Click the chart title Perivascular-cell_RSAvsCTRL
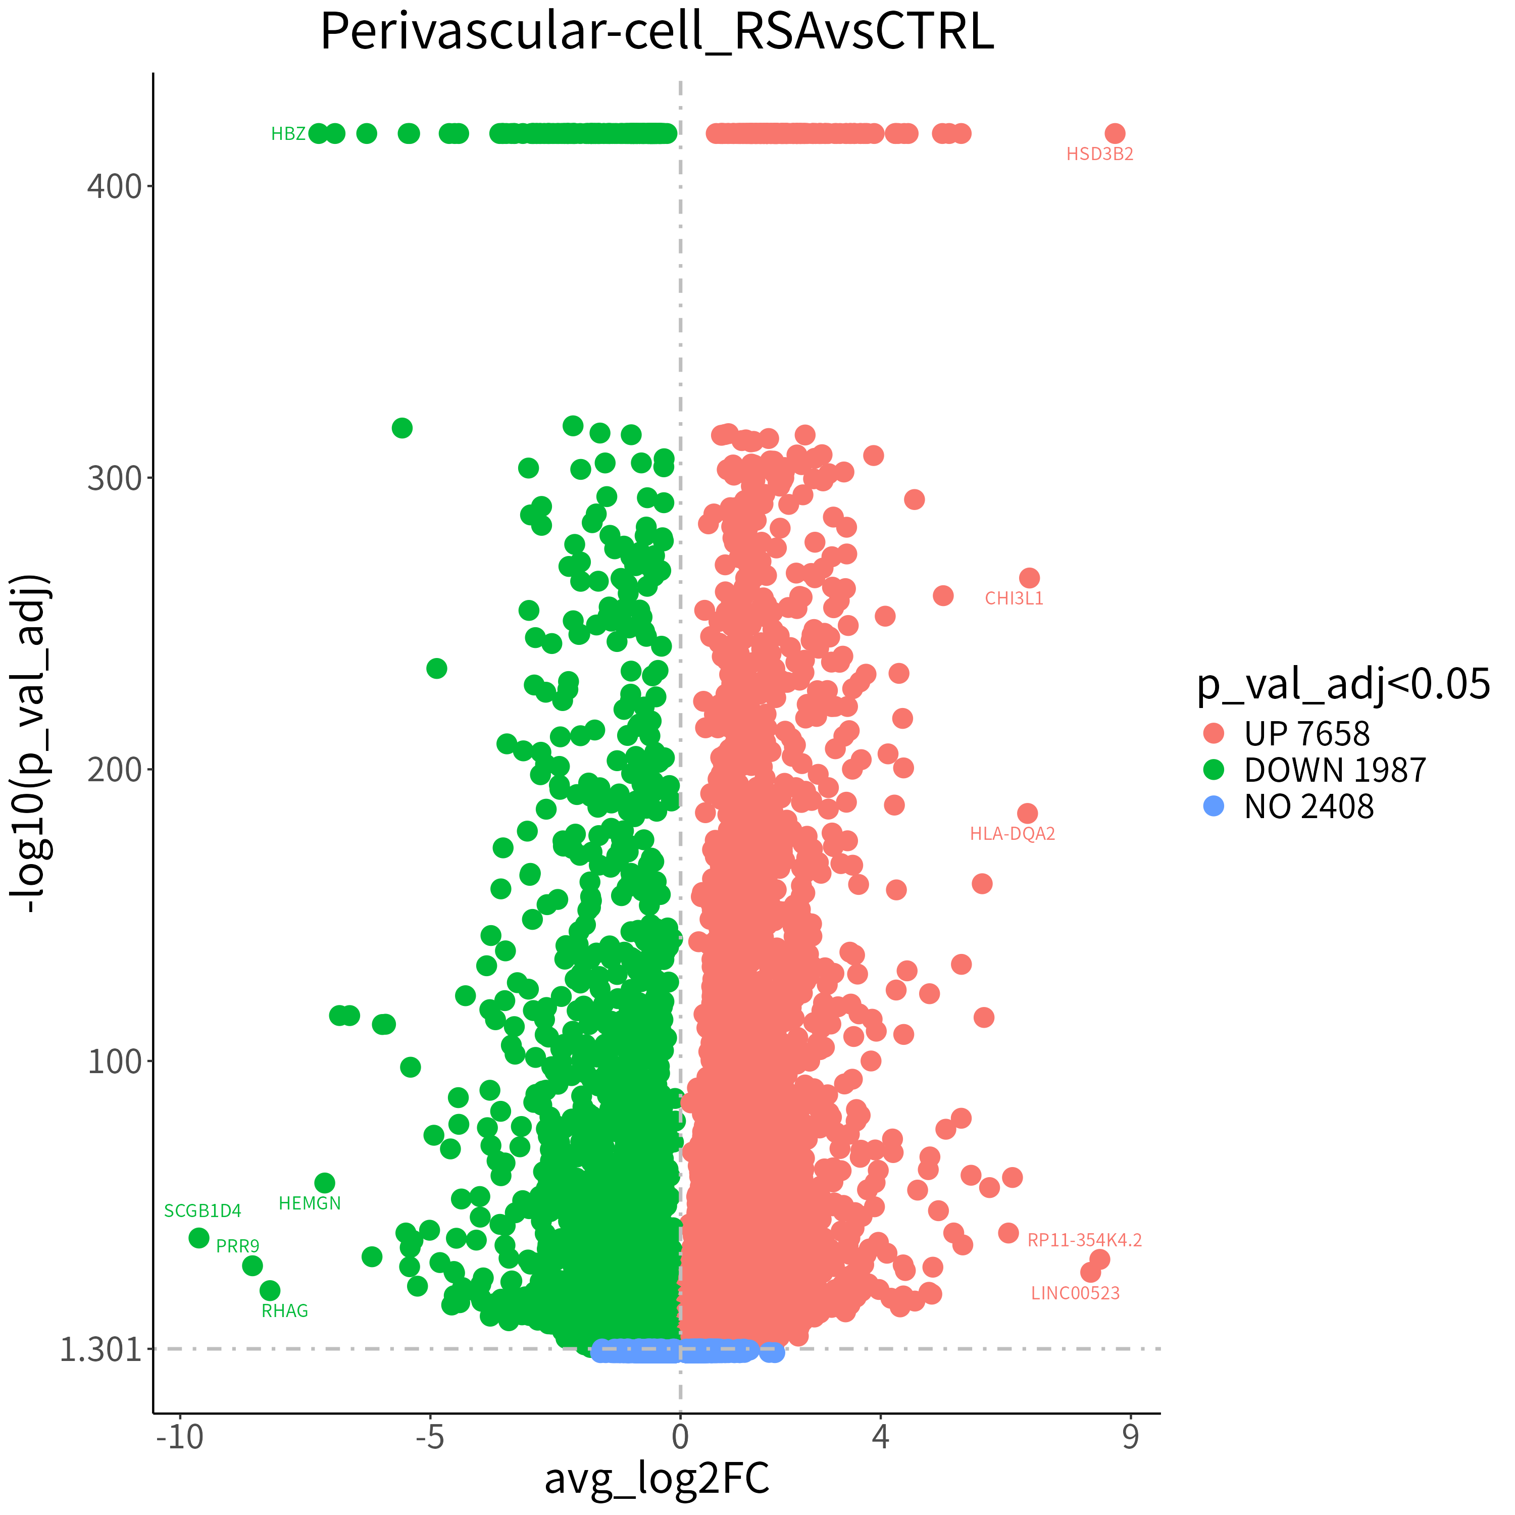pos(657,33)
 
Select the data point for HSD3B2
pos(1115,133)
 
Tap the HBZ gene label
pos(288,134)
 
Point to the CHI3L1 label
pos(1014,598)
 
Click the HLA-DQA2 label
pos(1013,834)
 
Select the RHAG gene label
pos(285,1311)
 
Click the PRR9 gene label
pos(237,1246)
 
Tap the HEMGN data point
pos(325,1183)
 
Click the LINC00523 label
pos(1075,1293)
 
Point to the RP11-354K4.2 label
pos(1085,1240)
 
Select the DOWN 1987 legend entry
pos(1314,770)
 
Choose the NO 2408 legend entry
pos(1288,806)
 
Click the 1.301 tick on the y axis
pos(100,1349)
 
